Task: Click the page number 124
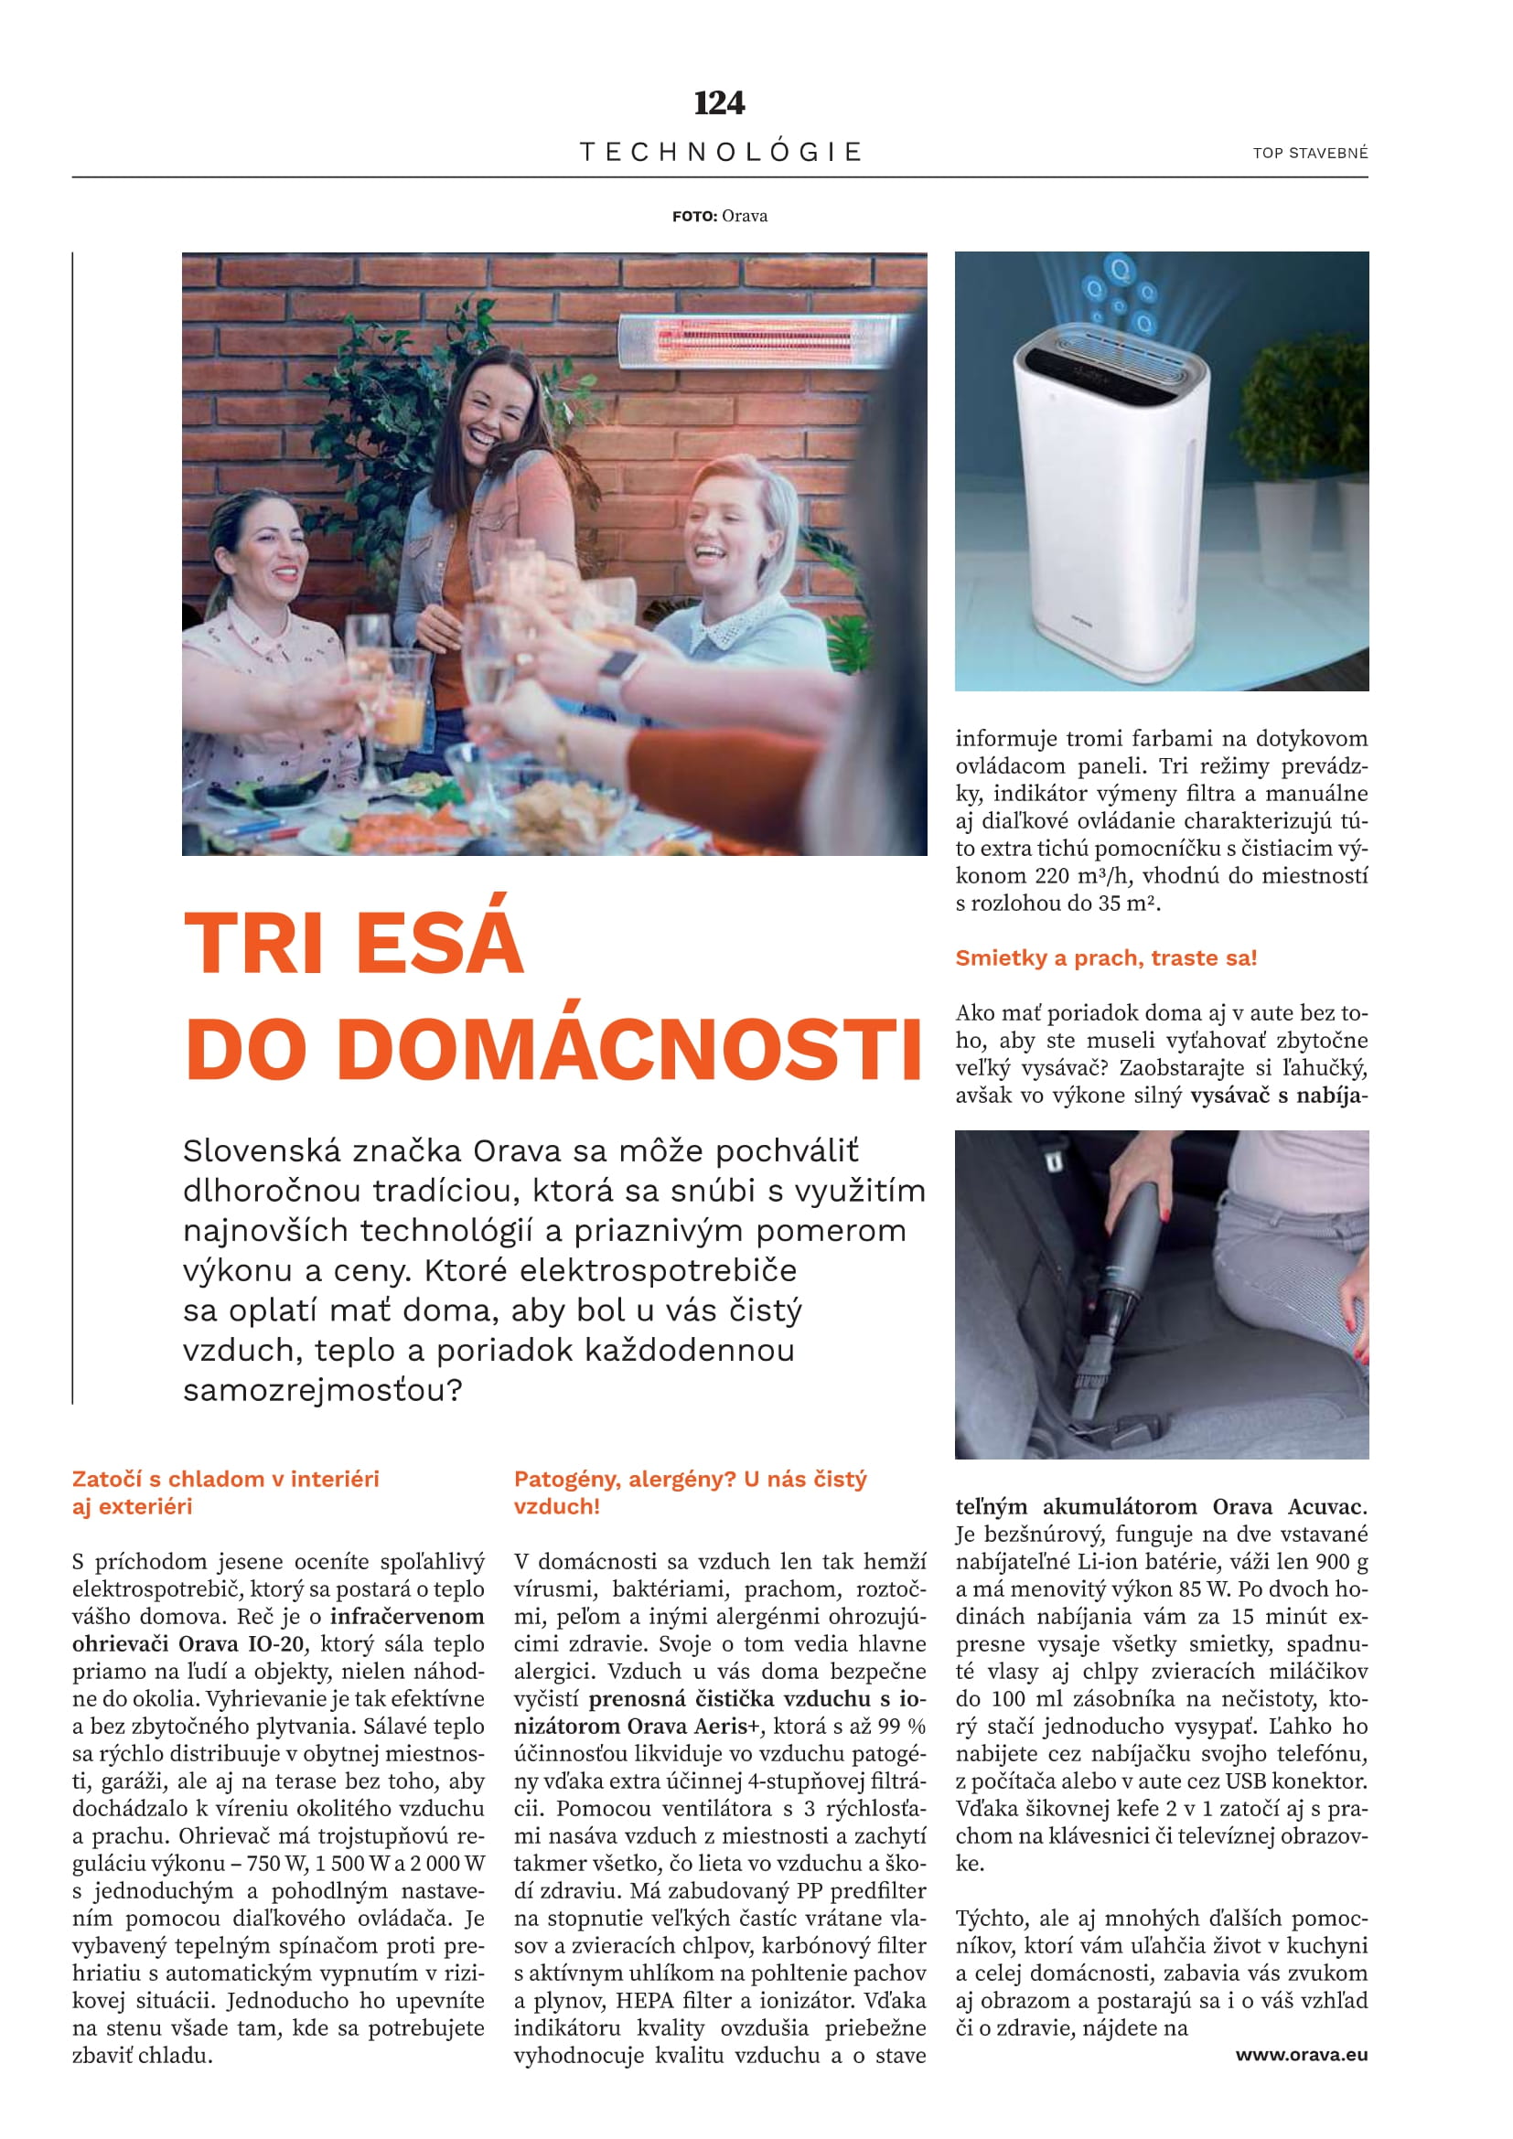719,102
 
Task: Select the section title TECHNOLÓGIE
721,152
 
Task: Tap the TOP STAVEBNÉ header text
1310,154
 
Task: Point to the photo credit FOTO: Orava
719,216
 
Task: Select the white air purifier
1114,494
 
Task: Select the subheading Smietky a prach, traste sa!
1106,957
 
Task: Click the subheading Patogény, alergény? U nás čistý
691,1479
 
